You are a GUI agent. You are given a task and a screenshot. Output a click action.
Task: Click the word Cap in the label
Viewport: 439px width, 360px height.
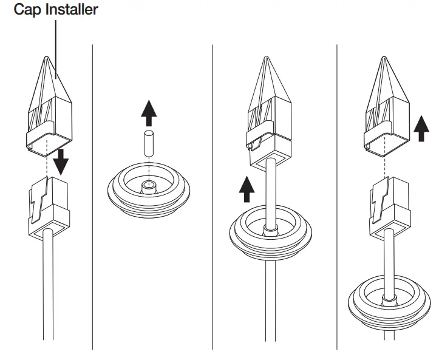click(27, 10)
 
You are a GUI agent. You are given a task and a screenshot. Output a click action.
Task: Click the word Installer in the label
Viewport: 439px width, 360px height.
click(72, 10)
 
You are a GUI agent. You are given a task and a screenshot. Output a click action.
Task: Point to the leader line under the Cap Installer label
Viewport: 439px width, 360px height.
click(56, 42)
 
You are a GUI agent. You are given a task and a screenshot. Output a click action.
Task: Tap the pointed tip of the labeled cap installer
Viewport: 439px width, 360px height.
click(47, 59)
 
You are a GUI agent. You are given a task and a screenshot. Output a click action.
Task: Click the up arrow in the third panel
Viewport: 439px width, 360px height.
click(245, 189)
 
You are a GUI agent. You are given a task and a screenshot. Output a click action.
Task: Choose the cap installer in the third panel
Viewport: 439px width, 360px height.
click(268, 115)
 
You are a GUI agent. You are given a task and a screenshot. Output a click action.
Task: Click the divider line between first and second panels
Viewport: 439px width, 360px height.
click(92, 194)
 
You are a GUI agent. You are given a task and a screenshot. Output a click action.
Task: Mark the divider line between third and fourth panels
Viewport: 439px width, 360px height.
click(337, 194)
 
